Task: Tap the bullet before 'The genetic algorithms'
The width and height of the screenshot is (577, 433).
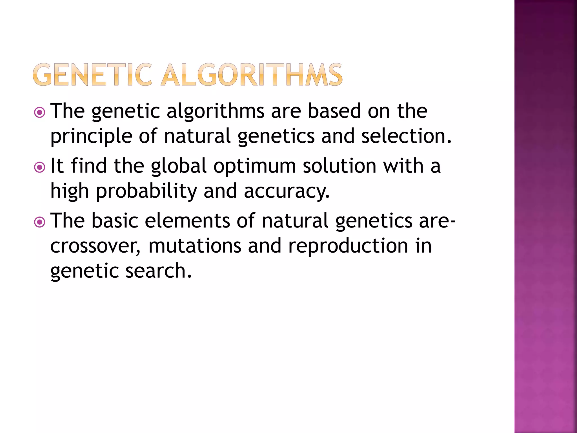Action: (x=39, y=113)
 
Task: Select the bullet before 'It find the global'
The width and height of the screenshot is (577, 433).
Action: (x=39, y=167)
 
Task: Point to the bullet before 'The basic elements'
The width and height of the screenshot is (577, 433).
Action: (x=39, y=222)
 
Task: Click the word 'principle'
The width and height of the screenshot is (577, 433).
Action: (x=91, y=136)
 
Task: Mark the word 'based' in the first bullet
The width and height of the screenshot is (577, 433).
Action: (x=334, y=111)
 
